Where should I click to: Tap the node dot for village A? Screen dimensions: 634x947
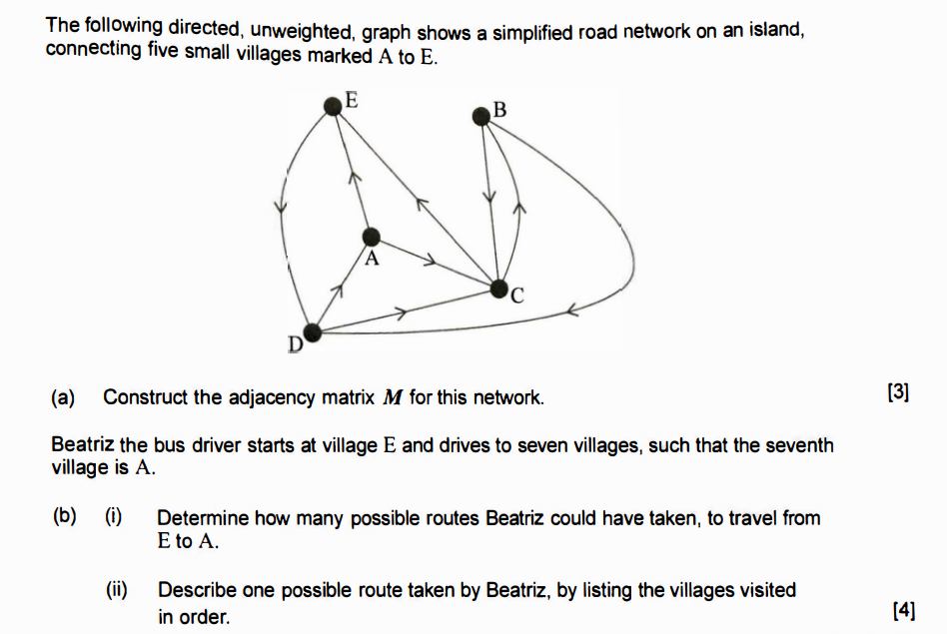[371, 237]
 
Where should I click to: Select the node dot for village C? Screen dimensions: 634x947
[499, 290]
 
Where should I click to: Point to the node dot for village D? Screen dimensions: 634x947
[313, 332]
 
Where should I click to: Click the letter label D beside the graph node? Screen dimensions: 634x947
[296, 345]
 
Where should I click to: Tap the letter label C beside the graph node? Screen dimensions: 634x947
[516, 295]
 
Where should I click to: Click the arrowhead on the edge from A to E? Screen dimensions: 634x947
[353, 177]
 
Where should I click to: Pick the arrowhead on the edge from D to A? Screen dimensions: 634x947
[338, 291]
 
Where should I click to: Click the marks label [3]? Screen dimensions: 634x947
[898, 392]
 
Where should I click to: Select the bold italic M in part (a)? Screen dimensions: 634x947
[393, 397]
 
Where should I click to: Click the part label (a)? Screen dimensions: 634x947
[64, 397]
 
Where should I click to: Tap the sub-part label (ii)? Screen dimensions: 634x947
[118, 590]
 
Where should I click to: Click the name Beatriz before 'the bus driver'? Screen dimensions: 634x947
[83, 444]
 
